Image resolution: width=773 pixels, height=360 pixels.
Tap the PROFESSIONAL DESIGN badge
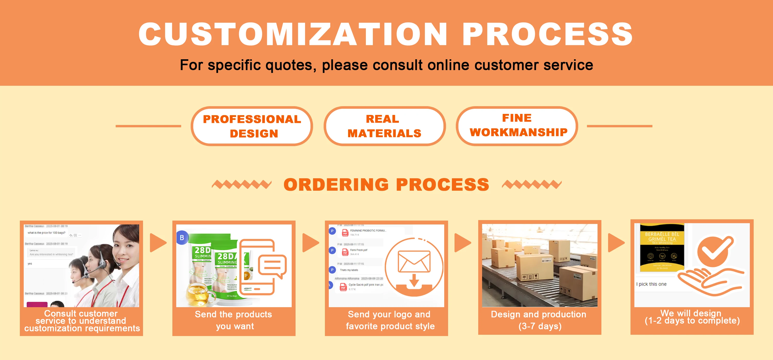[252, 126]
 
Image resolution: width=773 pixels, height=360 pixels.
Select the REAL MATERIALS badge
[384, 126]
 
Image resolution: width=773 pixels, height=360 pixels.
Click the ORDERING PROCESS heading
[386, 185]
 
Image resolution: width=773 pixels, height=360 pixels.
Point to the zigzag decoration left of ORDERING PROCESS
[242, 184]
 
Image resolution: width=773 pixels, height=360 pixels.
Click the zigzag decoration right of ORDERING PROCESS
[531, 184]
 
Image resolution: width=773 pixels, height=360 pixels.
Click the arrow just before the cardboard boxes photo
[463, 242]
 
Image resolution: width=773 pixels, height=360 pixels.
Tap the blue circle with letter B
[182, 238]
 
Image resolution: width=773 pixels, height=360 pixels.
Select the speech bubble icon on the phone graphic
[272, 266]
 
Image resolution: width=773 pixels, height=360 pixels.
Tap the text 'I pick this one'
[651, 284]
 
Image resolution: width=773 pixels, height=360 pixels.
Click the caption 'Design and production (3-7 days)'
[539, 320]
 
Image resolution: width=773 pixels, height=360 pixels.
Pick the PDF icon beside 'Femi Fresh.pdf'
[345, 252]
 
